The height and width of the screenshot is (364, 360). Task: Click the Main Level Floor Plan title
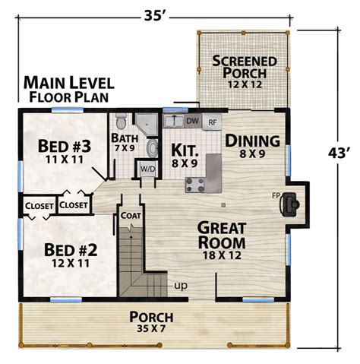tap(69, 88)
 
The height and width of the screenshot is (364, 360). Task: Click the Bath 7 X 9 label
tap(124, 142)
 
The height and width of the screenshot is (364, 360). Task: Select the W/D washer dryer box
tap(147, 169)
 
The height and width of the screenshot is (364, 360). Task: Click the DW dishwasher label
tap(192, 121)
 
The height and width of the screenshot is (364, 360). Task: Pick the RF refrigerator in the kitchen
tap(213, 121)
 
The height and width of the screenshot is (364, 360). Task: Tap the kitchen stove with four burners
tap(195, 183)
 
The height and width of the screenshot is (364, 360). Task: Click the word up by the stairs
tap(182, 286)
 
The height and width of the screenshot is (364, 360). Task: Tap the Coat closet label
tap(131, 216)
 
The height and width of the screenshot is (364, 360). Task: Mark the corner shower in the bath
tap(145, 124)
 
